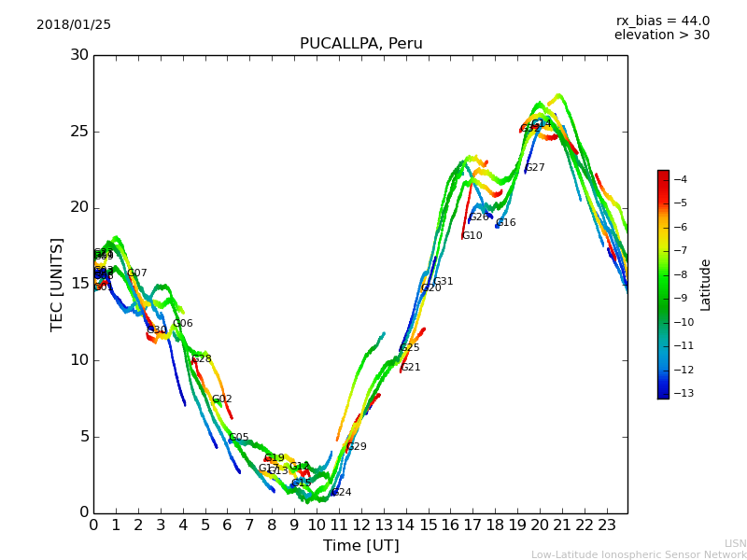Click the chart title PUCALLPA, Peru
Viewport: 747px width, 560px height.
tap(360, 44)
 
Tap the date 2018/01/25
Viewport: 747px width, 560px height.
tap(74, 24)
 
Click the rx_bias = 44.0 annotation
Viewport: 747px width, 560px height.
tap(662, 21)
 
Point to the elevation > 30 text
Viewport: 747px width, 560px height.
tap(661, 35)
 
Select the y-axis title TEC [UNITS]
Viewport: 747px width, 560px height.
tap(58, 284)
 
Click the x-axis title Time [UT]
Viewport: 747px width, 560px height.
tap(360, 545)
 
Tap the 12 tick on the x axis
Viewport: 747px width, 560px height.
tap(361, 525)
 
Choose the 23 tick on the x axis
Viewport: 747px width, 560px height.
tap(606, 525)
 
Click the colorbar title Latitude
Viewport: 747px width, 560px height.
tap(706, 285)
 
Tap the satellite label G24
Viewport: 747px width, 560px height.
tap(342, 492)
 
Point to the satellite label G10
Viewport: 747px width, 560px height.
tap(472, 236)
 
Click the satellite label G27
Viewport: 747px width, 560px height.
tap(535, 168)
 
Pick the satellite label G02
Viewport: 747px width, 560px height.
tap(222, 399)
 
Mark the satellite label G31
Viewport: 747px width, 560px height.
tap(444, 282)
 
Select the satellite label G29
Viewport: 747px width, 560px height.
tap(357, 447)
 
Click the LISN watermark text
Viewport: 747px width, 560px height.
tap(735, 543)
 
